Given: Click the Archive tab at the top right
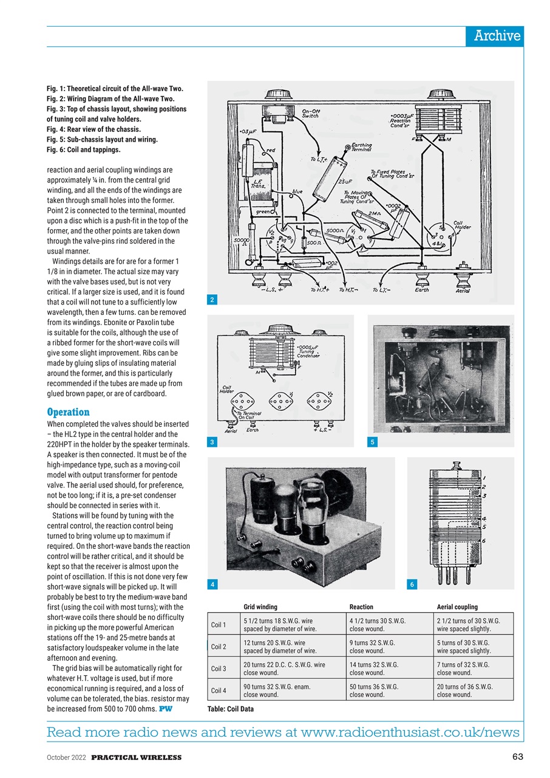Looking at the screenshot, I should pos(497,36).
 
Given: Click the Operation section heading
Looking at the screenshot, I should pos(68,412).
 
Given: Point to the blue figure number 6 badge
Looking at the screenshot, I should pos(412,584).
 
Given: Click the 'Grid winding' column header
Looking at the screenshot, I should pos(260,607).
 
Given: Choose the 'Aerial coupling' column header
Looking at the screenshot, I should pos(457,607).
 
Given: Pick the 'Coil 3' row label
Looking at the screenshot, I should pos(219,669).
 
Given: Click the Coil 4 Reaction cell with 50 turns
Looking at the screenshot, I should pos(373,690).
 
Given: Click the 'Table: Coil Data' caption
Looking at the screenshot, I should pos(231,709).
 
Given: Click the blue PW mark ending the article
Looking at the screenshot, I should pos(165,709).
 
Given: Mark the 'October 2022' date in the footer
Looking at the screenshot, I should pos(67,757).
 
